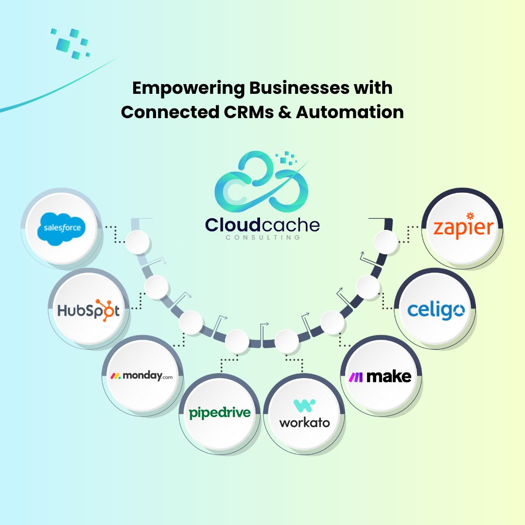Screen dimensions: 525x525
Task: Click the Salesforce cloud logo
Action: click(61, 227)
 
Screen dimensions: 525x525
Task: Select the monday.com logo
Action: click(140, 375)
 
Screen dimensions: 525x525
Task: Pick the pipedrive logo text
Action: click(220, 413)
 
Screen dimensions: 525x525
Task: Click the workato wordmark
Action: click(304, 421)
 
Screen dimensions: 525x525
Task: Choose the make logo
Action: click(380, 376)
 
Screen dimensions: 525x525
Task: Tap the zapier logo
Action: click(463, 227)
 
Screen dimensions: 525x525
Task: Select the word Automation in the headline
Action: click(350, 113)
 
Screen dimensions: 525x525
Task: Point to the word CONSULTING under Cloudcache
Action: click(262, 238)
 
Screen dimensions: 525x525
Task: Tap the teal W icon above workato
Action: click(305, 405)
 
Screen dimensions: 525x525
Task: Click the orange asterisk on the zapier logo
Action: click(470, 216)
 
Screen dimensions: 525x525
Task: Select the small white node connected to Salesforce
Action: click(137, 242)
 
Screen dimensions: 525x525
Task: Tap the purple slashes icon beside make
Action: click(356, 377)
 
